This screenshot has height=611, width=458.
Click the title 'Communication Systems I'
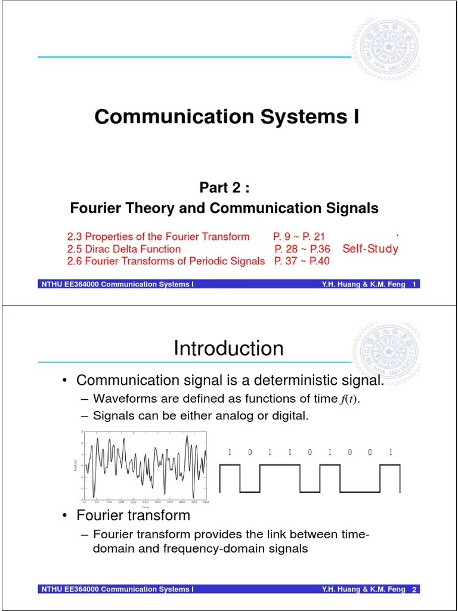click(227, 117)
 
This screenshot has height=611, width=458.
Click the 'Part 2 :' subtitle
click(224, 188)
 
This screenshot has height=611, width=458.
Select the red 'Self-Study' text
click(370, 249)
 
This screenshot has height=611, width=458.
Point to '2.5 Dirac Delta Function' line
click(123, 249)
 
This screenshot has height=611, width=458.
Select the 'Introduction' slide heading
click(228, 348)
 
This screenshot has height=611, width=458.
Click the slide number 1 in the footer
click(414, 285)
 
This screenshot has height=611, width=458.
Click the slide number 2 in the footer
click(414, 590)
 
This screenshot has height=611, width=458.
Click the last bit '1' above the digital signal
click(391, 452)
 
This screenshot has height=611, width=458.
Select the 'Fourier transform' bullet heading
click(133, 515)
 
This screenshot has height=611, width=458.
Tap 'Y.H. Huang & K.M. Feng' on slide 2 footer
click(363, 590)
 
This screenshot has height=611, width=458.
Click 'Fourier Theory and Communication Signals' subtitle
click(224, 208)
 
